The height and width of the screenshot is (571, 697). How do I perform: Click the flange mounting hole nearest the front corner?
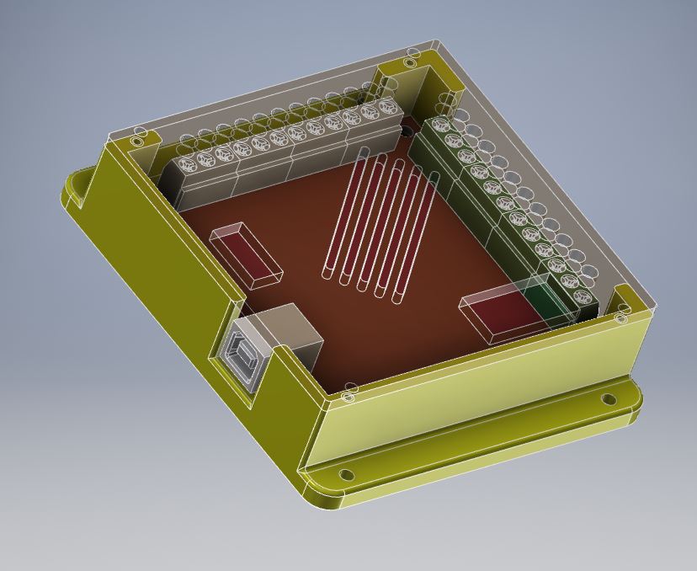pyautogui.click(x=344, y=476)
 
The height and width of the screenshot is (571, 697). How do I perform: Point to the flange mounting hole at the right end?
pyautogui.click(x=609, y=399)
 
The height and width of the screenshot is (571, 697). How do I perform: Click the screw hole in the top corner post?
pyautogui.click(x=410, y=62)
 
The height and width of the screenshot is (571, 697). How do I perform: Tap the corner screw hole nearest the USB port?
pyautogui.click(x=351, y=388)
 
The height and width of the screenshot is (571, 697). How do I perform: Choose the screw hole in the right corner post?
pyautogui.click(x=621, y=318)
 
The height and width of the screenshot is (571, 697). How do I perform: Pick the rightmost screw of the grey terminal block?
pyautogui.click(x=386, y=108)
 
